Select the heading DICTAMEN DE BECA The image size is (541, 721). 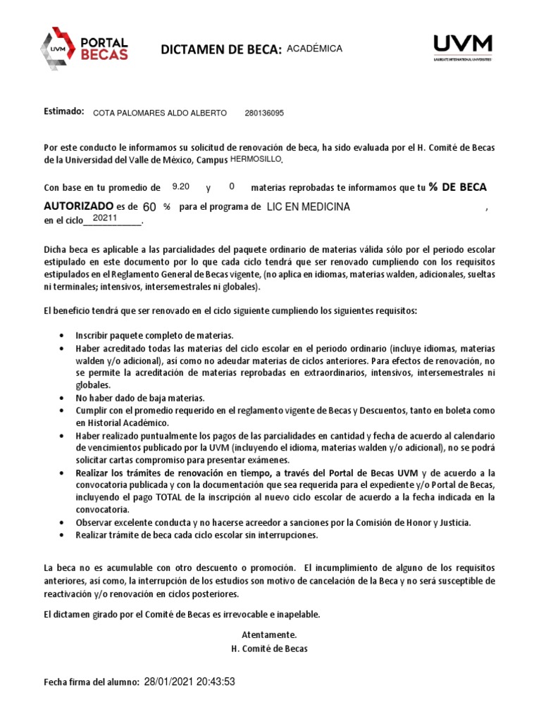click(x=221, y=49)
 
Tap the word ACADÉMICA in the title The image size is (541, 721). click(x=315, y=49)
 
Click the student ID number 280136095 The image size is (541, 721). click(x=264, y=113)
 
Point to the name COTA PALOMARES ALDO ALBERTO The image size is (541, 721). click(x=160, y=113)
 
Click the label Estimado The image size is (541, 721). click(x=63, y=112)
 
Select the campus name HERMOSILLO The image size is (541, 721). click(x=256, y=159)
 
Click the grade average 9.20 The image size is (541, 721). click(x=181, y=187)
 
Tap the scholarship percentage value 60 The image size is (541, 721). click(x=149, y=207)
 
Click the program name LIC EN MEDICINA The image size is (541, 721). click(x=308, y=207)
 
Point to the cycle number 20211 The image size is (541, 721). click(x=104, y=218)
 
